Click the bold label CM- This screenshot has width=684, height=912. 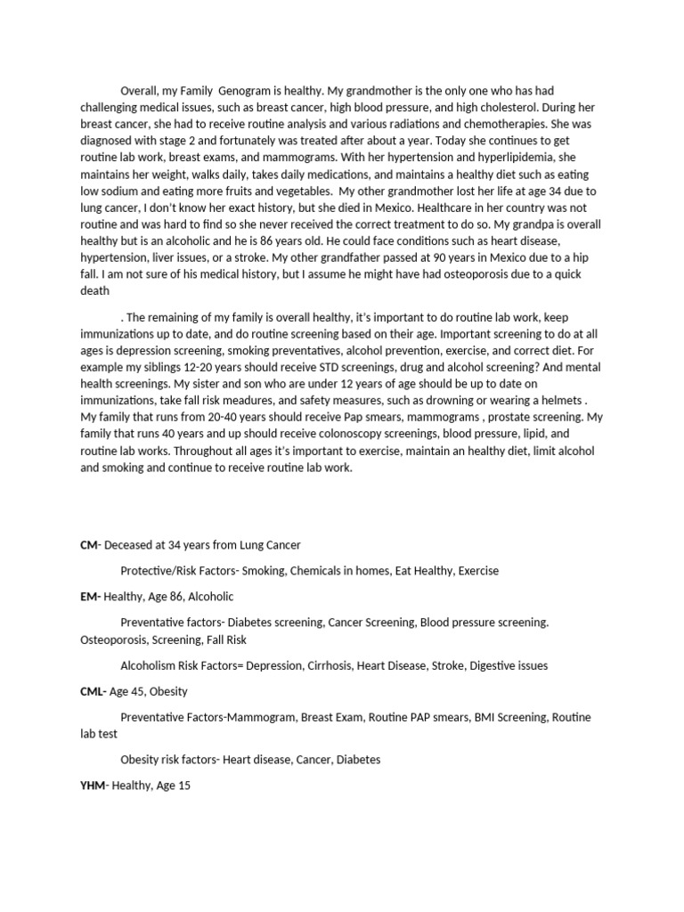tap(91, 544)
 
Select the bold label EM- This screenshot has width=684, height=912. tap(91, 597)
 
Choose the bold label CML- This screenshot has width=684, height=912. tap(94, 691)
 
